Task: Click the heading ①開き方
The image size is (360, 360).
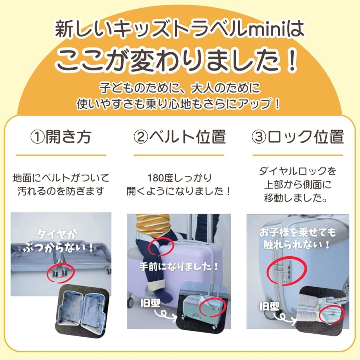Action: click(x=60, y=137)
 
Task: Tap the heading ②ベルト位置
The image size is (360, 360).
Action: click(x=179, y=137)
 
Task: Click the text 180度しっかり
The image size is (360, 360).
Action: click(x=179, y=178)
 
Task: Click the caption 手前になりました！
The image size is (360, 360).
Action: click(x=179, y=266)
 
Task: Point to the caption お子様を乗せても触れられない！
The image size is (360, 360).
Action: click(x=297, y=238)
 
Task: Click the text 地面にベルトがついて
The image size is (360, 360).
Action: click(x=60, y=178)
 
